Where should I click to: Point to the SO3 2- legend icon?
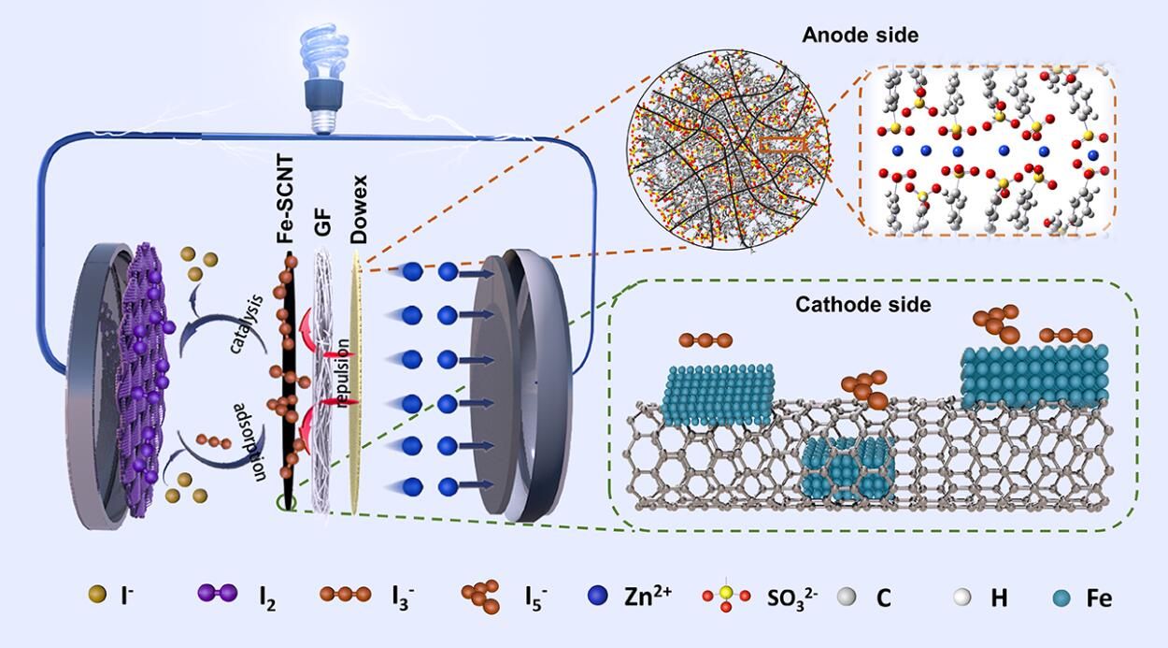coord(723,596)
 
